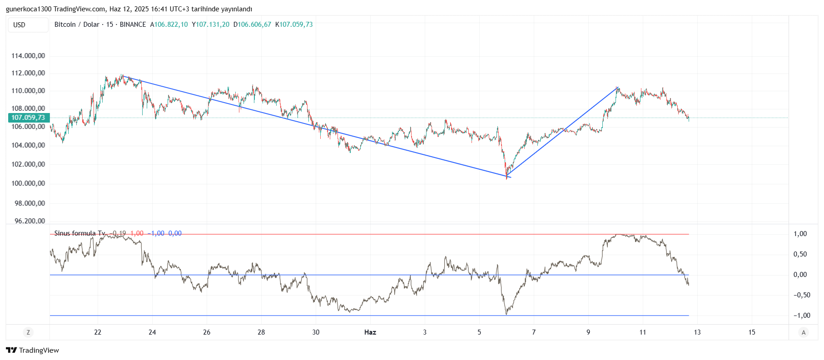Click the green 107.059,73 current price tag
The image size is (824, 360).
click(29, 118)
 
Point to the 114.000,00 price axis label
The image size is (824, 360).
click(28, 56)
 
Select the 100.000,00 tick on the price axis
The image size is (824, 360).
click(28, 183)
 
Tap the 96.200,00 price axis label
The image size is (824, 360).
click(30, 221)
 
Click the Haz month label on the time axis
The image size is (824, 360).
click(370, 332)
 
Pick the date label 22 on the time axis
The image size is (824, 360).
click(98, 332)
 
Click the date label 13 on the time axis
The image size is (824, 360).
click(697, 332)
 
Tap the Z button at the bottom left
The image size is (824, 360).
click(28, 332)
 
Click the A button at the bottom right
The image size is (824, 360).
click(804, 332)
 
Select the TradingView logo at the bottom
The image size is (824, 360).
click(32, 350)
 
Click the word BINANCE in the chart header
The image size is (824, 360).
click(133, 25)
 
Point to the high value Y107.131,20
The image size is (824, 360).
click(211, 25)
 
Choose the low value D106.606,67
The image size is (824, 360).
click(252, 25)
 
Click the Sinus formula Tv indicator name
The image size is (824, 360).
click(80, 233)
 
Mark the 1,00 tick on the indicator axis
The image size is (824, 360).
click(800, 234)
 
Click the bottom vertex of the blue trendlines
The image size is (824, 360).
click(507, 176)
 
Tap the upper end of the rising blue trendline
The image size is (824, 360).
click(618, 87)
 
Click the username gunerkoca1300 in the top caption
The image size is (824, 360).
click(29, 9)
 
